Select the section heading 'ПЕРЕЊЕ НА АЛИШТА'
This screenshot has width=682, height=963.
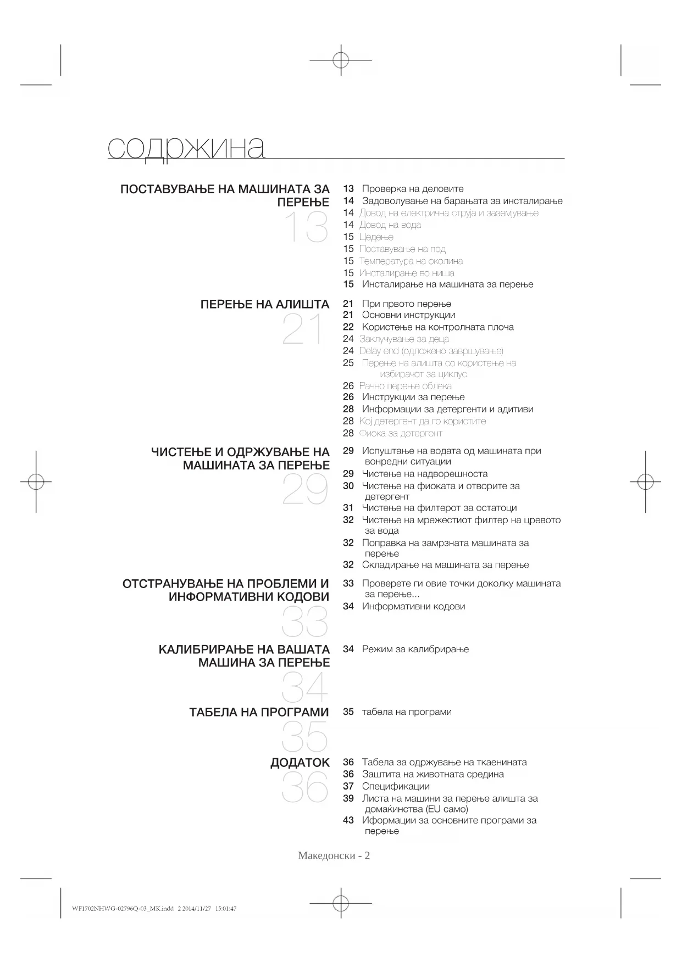[264, 305]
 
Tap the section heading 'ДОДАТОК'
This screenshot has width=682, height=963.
[300, 763]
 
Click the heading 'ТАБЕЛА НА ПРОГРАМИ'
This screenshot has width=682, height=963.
[259, 713]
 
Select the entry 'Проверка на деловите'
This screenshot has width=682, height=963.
[412, 189]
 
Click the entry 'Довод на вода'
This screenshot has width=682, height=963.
[390, 225]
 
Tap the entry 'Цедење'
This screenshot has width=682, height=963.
[376, 237]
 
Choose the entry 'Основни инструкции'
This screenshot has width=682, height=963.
[408, 315]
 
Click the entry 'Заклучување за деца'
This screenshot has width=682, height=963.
[404, 339]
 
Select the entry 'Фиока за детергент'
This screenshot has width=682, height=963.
[400, 434]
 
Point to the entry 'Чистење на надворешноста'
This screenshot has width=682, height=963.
[424, 474]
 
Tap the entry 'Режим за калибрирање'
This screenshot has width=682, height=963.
[415, 650]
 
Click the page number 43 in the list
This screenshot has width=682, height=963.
[348, 821]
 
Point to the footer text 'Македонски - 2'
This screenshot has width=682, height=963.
[334, 856]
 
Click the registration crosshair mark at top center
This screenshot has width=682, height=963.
[341, 60]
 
